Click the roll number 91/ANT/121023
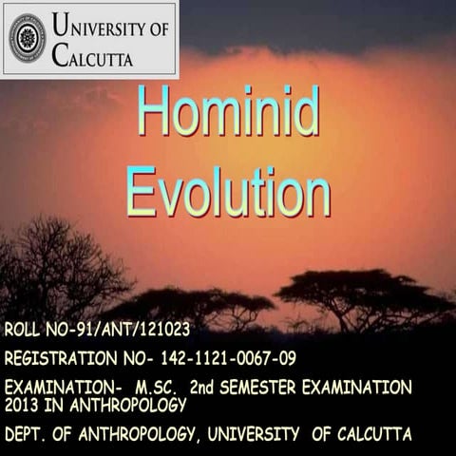(x=130, y=331)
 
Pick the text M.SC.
(x=157, y=388)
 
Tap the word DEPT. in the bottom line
(x=28, y=434)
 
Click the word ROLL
(x=24, y=331)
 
